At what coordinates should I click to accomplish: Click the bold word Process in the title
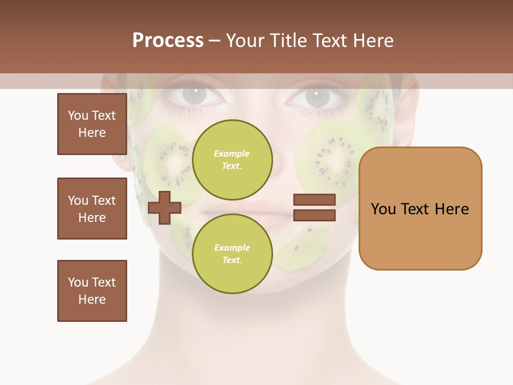point(168,41)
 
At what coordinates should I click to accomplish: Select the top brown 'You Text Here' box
point(92,124)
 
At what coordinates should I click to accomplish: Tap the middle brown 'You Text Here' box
point(92,209)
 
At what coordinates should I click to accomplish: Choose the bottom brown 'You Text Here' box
point(92,291)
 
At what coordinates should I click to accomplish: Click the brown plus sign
point(165,207)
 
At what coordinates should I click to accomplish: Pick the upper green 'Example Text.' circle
point(232,159)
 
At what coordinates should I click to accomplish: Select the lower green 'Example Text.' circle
point(232,253)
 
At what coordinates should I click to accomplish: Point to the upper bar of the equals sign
point(314,200)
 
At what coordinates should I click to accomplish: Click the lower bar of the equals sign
point(314,215)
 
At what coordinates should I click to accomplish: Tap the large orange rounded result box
point(420,209)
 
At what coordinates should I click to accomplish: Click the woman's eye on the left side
point(196,96)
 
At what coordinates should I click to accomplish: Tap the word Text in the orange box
point(417,209)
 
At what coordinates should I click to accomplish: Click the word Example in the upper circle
point(232,153)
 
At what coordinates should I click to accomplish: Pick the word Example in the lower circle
point(232,248)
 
